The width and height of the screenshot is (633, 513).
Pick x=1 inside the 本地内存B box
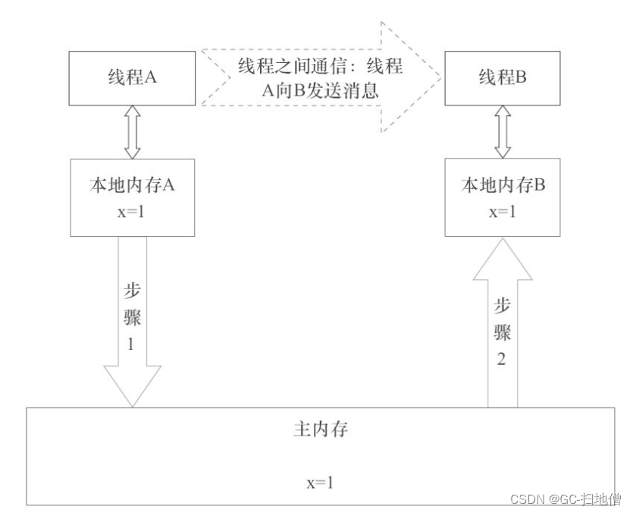pyautogui.click(x=499, y=210)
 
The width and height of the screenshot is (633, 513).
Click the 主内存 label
pyautogui.click(x=319, y=428)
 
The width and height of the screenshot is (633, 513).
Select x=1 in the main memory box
pyautogui.click(x=319, y=481)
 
